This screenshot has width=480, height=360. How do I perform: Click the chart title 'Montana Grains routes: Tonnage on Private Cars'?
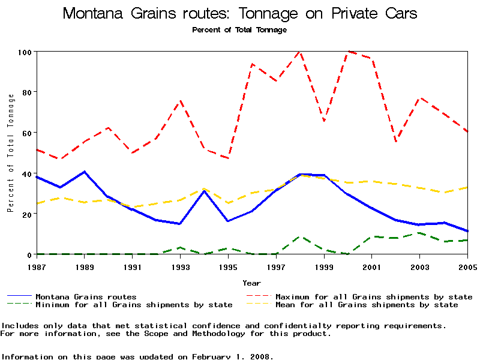point(240,14)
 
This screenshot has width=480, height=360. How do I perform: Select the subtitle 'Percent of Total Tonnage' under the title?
point(240,29)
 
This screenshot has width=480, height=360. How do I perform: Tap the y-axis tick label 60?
point(26,133)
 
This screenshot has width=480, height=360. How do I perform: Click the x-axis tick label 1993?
point(180,266)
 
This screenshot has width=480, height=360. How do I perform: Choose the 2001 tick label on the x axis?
point(372,266)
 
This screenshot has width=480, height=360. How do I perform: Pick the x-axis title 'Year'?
point(251,283)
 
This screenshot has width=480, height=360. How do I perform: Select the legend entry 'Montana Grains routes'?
point(86,296)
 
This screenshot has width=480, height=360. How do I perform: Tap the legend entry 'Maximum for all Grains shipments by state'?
point(373,296)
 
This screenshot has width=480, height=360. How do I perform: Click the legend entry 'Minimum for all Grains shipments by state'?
point(134,305)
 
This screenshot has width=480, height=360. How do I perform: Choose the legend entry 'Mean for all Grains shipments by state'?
point(366,305)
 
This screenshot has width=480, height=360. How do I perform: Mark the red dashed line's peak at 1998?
point(299,52)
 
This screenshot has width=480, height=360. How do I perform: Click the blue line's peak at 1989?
point(84,172)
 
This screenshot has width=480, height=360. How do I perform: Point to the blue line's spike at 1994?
point(204,191)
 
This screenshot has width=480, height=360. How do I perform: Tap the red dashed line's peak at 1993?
point(180,101)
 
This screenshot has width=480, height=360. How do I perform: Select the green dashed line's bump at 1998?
point(300,236)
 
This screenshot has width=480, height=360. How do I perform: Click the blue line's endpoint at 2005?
point(467,231)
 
